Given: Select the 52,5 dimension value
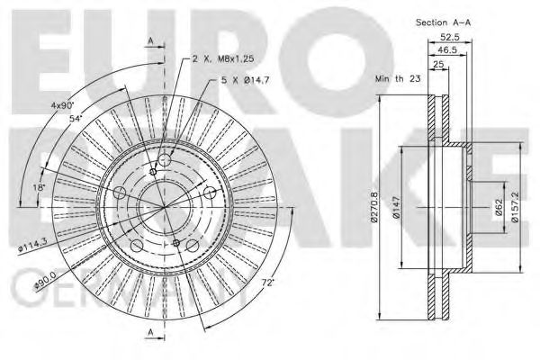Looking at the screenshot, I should (450, 37).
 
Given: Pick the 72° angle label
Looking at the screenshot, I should (266, 283).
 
